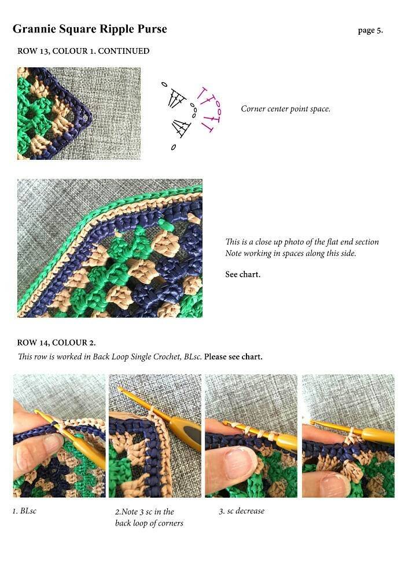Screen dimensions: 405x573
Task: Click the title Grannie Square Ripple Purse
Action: pos(90,30)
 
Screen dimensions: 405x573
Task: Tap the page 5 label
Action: pos(370,30)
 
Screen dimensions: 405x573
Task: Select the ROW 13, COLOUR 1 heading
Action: pos(83,51)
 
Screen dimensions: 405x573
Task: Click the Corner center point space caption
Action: pos(286,109)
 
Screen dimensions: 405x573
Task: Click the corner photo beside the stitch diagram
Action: pos(79,113)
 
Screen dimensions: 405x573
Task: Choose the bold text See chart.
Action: pos(243,274)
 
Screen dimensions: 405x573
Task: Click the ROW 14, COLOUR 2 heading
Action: pos(56,343)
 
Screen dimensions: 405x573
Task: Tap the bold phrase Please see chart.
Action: pos(233,357)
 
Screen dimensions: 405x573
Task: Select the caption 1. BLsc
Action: pos(25,511)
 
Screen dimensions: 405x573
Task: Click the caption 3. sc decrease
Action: pos(242,511)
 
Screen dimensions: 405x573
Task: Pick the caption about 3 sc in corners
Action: pos(149,517)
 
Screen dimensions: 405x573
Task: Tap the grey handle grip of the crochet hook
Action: pos(192,434)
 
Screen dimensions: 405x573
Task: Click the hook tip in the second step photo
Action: pos(120,389)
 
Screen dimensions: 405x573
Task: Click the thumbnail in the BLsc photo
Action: pos(52,443)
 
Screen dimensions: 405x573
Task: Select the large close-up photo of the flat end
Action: pos(110,248)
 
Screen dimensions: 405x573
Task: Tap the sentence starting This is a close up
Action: pos(302,242)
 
